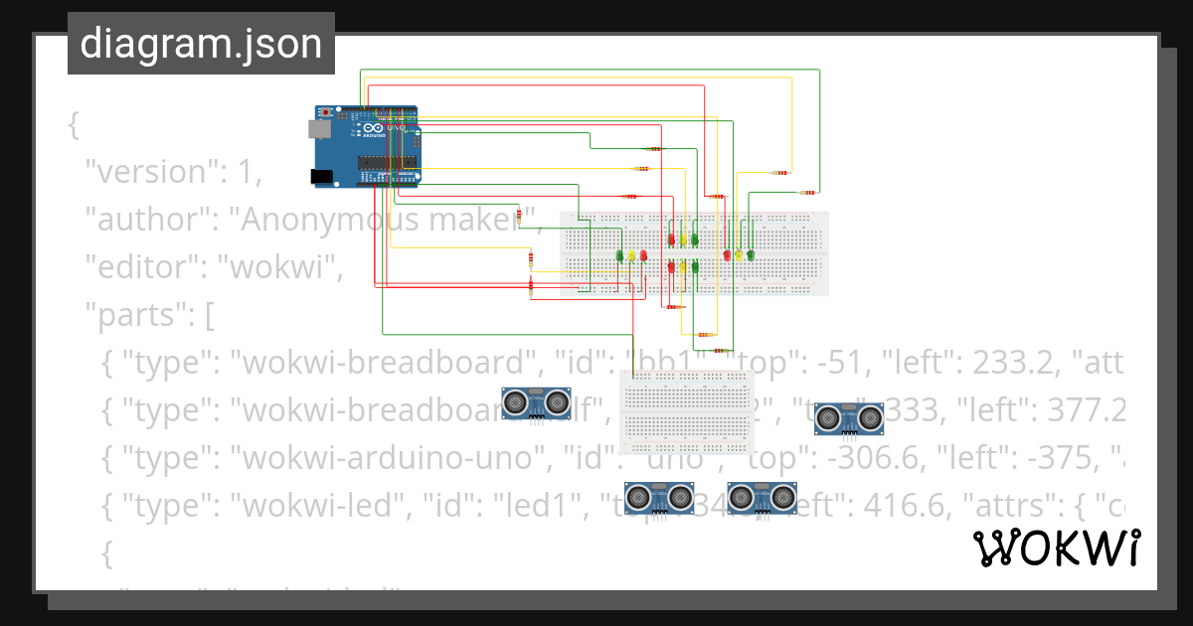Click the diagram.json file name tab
coord(201,44)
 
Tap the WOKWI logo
coord(1055,548)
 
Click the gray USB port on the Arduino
coord(320,128)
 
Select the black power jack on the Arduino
coord(321,177)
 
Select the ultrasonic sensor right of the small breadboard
coord(849,418)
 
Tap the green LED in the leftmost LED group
coord(619,255)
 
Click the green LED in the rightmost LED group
coord(751,255)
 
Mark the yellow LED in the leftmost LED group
coord(631,255)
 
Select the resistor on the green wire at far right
coord(809,192)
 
